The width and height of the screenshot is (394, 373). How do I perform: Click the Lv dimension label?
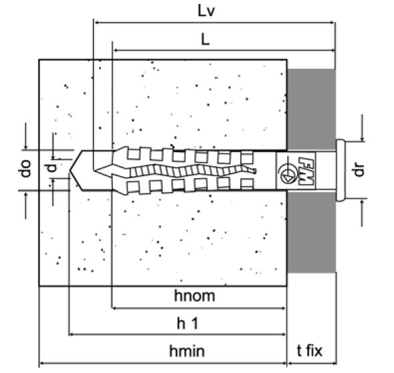tap(206, 11)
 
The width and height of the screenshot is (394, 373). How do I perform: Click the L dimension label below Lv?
tap(205, 39)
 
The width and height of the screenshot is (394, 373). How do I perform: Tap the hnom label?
tap(194, 296)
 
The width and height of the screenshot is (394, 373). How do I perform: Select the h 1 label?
tap(188, 324)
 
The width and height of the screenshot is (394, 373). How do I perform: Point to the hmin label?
tap(187, 351)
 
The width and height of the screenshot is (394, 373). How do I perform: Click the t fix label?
tap(309, 350)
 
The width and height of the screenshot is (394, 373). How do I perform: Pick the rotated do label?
tap(25, 168)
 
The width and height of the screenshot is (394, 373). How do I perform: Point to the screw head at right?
tap(341, 170)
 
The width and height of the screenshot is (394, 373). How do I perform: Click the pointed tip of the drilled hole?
tap(70, 171)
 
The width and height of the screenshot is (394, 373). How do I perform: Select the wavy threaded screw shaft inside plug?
tap(193, 171)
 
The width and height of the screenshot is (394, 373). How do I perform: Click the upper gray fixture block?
tap(311, 109)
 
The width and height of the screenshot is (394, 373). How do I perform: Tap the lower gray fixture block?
tap(311, 232)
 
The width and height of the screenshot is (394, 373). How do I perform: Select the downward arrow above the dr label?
tap(362, 127)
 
